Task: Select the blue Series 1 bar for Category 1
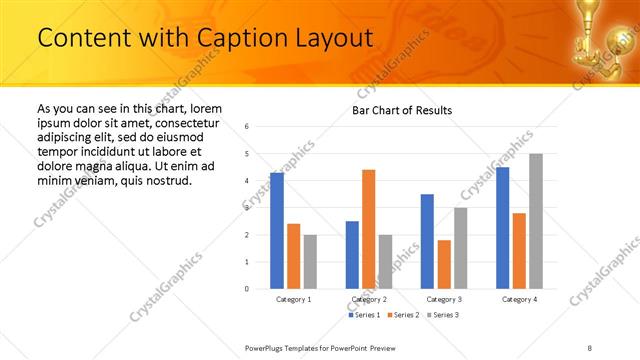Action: tap(277, 230)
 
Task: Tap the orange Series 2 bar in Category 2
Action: tap(368, 229)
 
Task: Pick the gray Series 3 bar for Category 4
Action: tap(535, 221)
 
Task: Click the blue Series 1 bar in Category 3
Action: tap(427, 241)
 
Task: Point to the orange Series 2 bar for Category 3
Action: tap(444, 264)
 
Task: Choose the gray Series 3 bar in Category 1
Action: tap(310, 261)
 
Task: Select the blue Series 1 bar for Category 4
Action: tap(502, 228)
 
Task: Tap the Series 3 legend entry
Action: tap(443, 315)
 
